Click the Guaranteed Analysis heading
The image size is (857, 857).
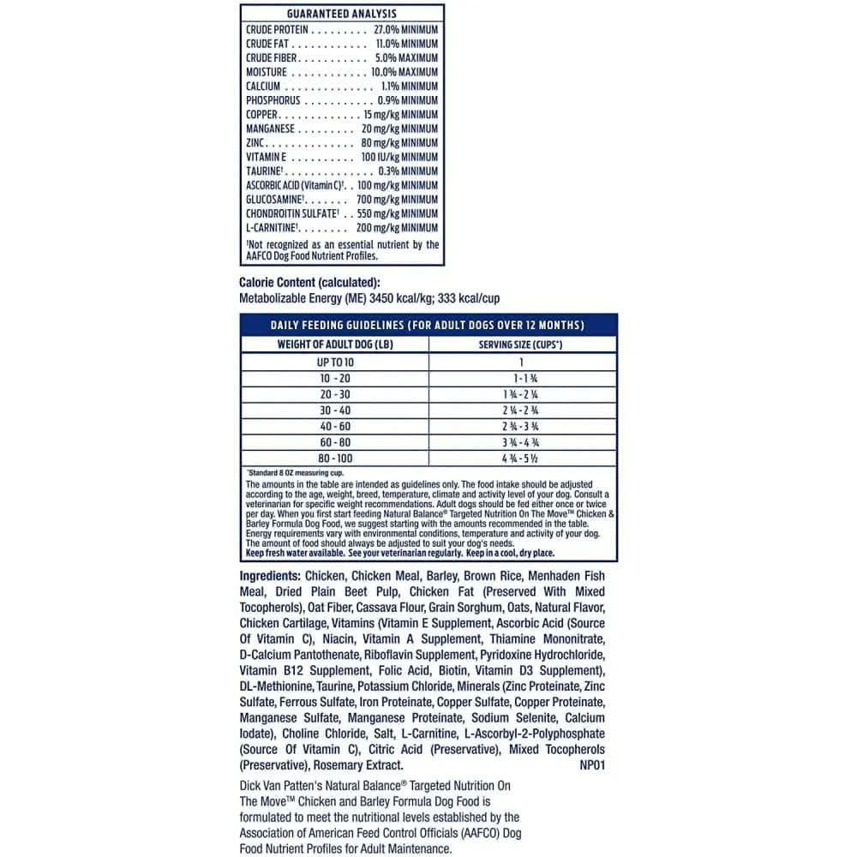[x=341, y=15]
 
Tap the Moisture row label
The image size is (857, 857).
[x=266, y=72]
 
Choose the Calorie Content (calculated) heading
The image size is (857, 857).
[x=309, y=284]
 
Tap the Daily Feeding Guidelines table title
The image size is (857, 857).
[x=428, y=325]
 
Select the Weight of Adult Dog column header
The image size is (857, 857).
[x=335, y=345]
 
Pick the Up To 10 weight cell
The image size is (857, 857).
[x=335, y=363]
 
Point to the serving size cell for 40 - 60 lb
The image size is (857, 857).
[x=520, y=426]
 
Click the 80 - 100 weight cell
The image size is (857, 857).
[x=335, y=458]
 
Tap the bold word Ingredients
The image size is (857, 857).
[x=270, y=576]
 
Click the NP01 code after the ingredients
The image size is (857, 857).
[x=591, y=765]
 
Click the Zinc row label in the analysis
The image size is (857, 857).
[x=255, y=143]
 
